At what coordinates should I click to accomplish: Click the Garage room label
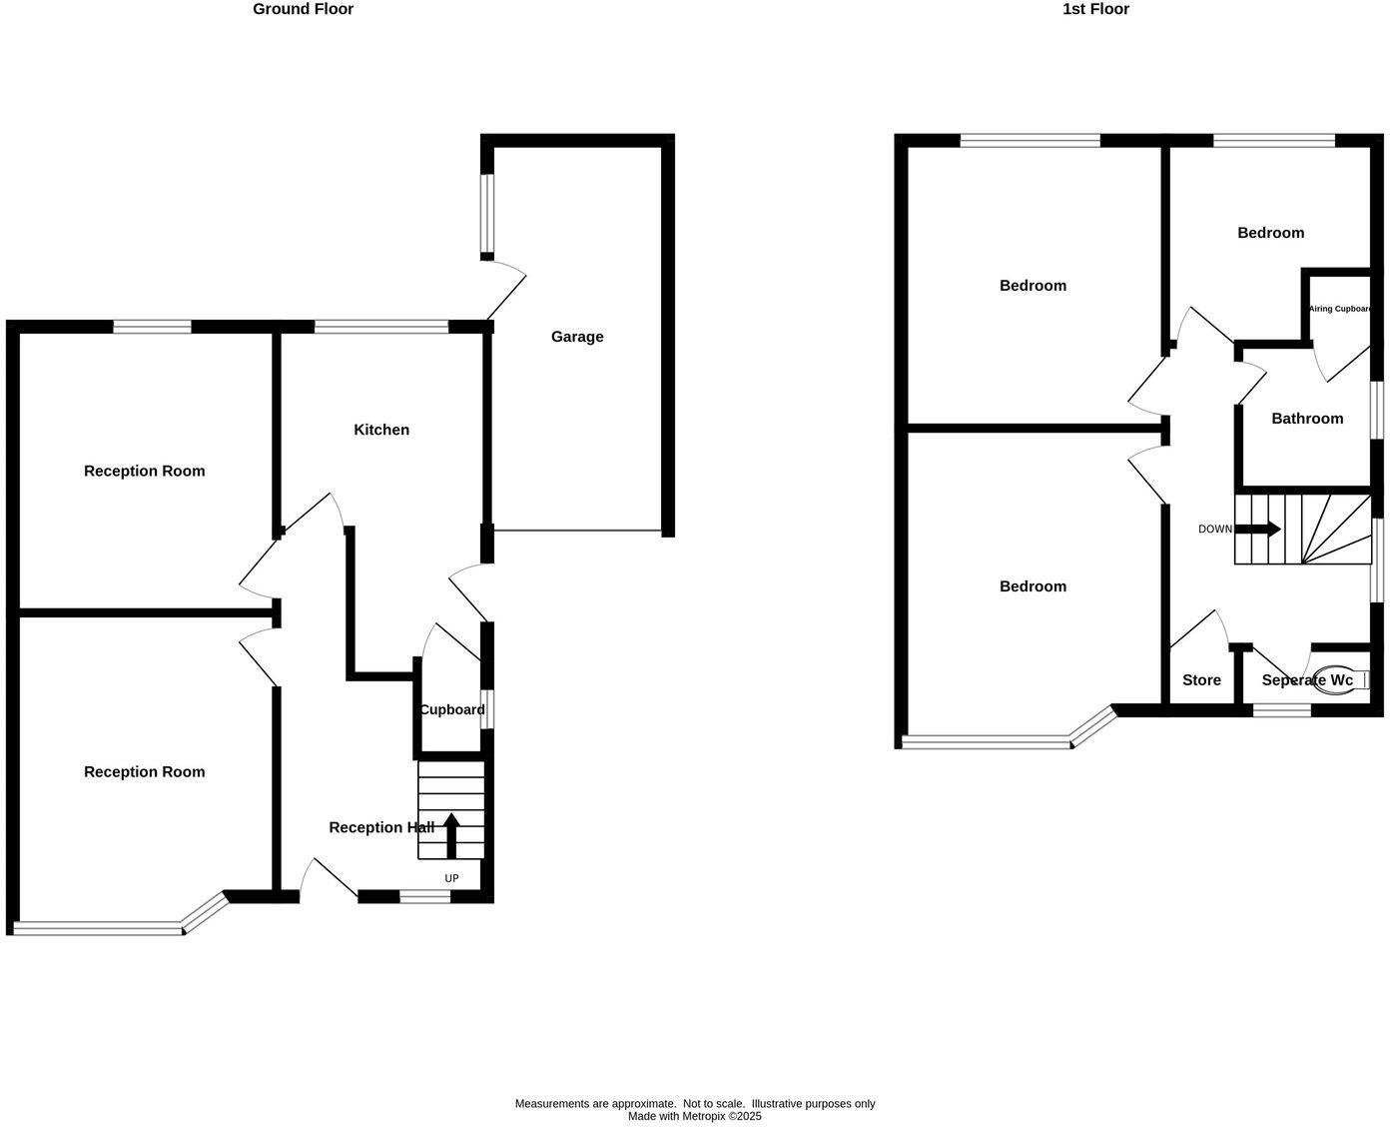click(x=577, y=337)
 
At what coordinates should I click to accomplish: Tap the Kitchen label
click(x=381, y=430)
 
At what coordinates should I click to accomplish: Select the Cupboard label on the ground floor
click(x=451, y=709)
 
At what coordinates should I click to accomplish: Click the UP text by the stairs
click(x=451, y=878)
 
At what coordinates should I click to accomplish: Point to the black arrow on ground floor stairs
click(x=451, y=835)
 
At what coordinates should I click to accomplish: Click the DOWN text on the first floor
click(x=1215, y=529)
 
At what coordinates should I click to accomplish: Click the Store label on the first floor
click(x=1201, y=680)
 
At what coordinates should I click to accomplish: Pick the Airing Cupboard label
click(x=1339, y=309)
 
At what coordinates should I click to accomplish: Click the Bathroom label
click(x=1307, y=419)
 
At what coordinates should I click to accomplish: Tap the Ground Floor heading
click(x=303, y=9)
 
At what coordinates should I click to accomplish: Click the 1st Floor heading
click(x=1095, y=9)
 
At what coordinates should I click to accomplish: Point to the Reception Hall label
click(x=381, y=827)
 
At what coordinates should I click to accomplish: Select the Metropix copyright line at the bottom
click(x=694, y=1116)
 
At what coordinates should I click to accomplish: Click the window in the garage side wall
click(x=486, y=214)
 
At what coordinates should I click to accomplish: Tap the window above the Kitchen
click(x=381, y=326)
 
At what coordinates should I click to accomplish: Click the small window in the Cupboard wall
click(x=487, y=709)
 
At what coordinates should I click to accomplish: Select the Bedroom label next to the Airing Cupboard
click(x=1270, y=233)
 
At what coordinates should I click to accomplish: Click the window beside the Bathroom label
click(x=1376, y=409)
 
